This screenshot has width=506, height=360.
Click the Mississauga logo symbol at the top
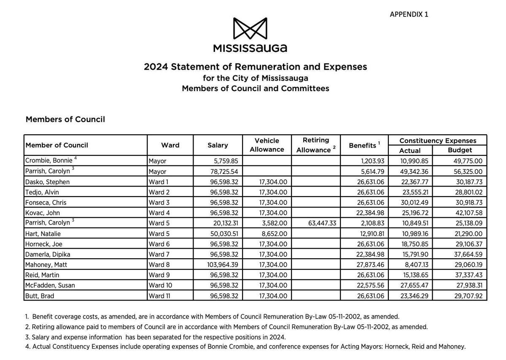[x=250, y=29]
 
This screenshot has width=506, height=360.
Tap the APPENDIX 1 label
[x=409, y=14]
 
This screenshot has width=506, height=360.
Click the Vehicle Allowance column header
[x=266, y=145]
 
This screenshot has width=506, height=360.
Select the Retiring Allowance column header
[x=315, y=145]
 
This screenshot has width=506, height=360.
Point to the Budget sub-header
[x=460, y=150]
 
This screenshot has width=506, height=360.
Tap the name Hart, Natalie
[x=43, y=233]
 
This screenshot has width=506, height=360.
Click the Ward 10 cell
[x=160, y=285]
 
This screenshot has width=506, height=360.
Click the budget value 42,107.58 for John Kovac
[x=466, y=213]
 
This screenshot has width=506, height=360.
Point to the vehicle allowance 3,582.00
[x=274, y=223]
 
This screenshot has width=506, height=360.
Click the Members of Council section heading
[x=65, y=119]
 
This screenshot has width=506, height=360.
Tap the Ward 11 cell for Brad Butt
[x=159, y=296]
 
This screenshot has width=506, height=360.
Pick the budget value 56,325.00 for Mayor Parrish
[x=466, y=171]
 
